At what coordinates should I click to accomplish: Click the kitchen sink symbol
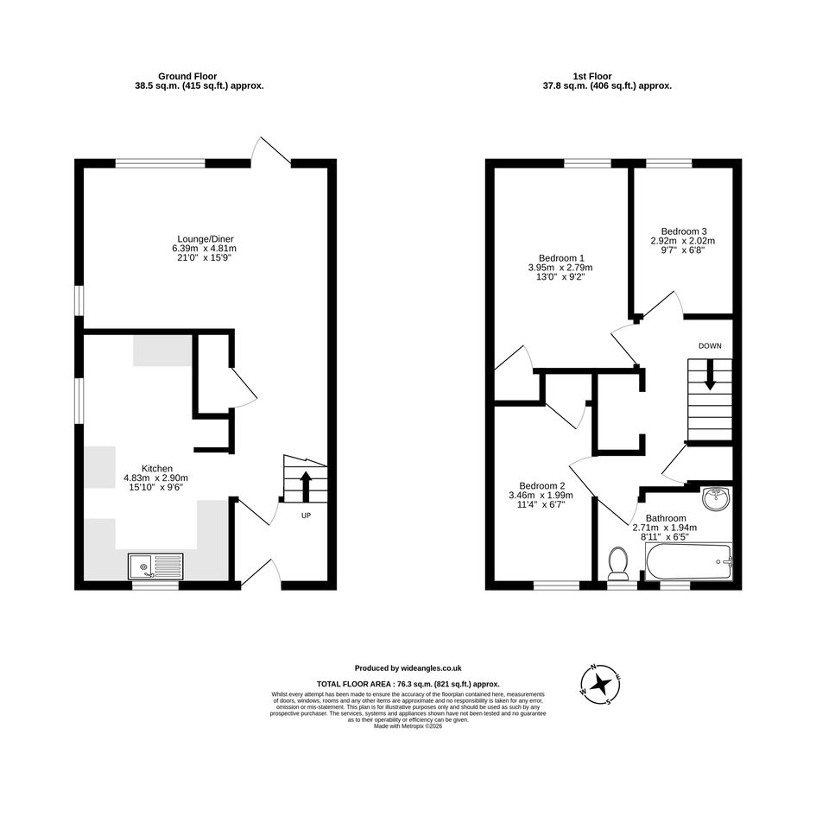pyautogui.click(x=155, y=566)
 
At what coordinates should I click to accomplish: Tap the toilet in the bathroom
pyautogui.click(x=618, y=564)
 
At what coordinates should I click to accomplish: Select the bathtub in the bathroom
pyautogui.click(x=688, y=561)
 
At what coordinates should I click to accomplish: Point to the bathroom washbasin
pyautogui.click(x=717, y=498)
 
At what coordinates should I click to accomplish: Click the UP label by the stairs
pyautogui.click(x=306, y=516)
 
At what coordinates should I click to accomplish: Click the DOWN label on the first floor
pyautogui.click(x=710, y=345)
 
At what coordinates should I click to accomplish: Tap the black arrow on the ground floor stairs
pyautogui.click(x=306, y=486)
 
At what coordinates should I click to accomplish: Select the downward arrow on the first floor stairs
pyautogui.click(x=710, y=375)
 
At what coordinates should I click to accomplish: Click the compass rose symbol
pyautogui.click(x=600, y=684)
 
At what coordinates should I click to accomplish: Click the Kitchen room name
pyautogui.click(x=156, y=468)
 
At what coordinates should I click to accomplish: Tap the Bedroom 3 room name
pyautogui.click(x=684, y=231)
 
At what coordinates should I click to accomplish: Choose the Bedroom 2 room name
pyautogui.click(x=541, y=486)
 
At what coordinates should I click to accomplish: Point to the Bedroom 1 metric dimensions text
pyautogui.click(x=560, y=268)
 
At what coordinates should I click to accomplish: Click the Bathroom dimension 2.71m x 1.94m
pyautogui.click(x=665, y=528)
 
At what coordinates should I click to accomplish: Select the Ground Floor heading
pyautogui.click(x=187, y=76)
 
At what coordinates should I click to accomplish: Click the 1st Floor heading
pyautogui.click(x=592, y=76)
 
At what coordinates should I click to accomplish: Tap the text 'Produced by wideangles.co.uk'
pyautogui.click(x=408, y=668)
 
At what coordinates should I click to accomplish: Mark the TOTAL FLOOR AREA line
pyautogui.click(x=408, y=685)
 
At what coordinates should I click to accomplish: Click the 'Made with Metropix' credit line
pyautogui.click(x=408, y=726)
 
